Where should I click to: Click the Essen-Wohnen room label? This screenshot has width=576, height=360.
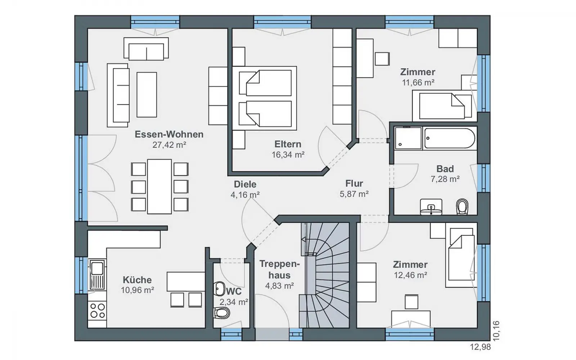pos(169,134)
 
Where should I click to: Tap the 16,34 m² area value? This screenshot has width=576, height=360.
pos(288,155)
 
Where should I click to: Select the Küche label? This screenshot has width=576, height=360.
pos(137,280)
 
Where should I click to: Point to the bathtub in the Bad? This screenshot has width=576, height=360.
pos(450,138)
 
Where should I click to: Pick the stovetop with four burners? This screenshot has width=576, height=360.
pos(98,311)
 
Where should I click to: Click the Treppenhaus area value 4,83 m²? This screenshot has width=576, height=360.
pos(279,286)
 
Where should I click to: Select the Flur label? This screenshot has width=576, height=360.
pos(354,183)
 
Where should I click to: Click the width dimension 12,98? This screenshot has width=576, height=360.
pos(480,347)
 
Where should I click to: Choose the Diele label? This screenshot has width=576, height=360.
pos(245,184)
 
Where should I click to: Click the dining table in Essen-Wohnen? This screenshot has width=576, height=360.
pos(159,186)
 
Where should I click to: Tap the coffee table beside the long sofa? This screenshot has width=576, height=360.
pos(147,95)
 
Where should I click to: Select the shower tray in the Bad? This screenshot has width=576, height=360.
pos(408,138)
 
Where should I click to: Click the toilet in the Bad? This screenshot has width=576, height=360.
pos(462,207)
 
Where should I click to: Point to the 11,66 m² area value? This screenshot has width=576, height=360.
pos(418,82)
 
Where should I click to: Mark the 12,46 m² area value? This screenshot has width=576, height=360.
pos(410,275)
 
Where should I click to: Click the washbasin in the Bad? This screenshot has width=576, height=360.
pos(431,207)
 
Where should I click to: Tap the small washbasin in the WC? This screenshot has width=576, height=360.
pos(219,289)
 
